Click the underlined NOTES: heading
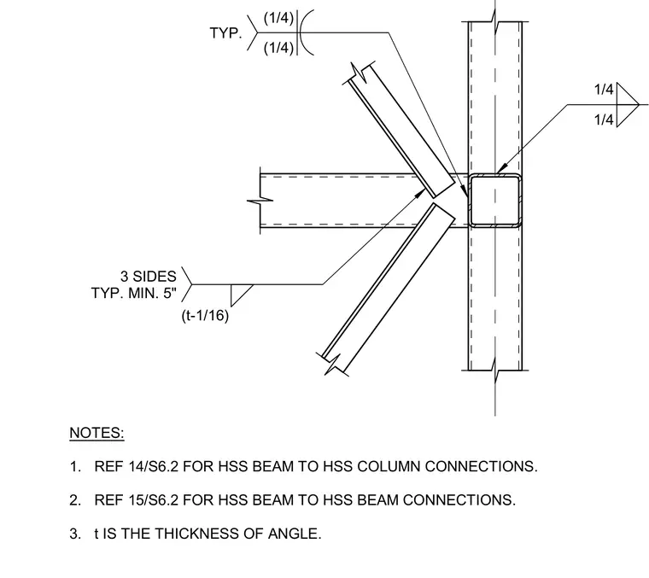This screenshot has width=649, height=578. click(x=96, y=433)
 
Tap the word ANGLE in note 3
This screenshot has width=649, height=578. click(x=295, y=534)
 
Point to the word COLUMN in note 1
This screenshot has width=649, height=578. click(x=389, y=466)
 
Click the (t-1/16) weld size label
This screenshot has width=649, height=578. click(x=205, y=316)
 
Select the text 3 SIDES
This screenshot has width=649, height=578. click(x=149, y=277)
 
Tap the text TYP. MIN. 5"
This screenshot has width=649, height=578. click(x=134, y=294)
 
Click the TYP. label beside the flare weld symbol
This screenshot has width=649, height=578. click(x=226, y=33)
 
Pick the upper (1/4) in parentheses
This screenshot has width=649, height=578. click(x=278, y=18)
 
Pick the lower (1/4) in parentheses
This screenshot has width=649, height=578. click(x=278, y=48)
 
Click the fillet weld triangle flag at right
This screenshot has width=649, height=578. click(x=627, y=105)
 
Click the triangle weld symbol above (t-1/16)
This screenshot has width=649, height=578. click(x=242, y=295)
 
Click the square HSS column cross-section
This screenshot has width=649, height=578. click(x=494, y=201)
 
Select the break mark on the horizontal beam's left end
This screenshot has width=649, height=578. click(x=260, y=201)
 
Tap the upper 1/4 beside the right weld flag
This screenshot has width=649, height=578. click(x=604, y=90)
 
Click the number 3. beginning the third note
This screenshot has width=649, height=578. click(x=75, y=534)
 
